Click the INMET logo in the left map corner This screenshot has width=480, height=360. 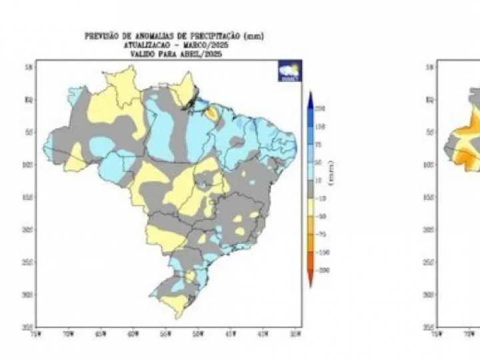(x=291, y=71)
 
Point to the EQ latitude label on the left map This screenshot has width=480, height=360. (x=29, y=100)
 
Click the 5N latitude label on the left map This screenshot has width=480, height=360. (x=29, y=67)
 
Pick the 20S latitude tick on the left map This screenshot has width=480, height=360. (x=29, y=229)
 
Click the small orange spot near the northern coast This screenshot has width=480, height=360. (x=212, y=113)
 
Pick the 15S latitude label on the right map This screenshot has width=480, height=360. (x=430, y=197)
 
